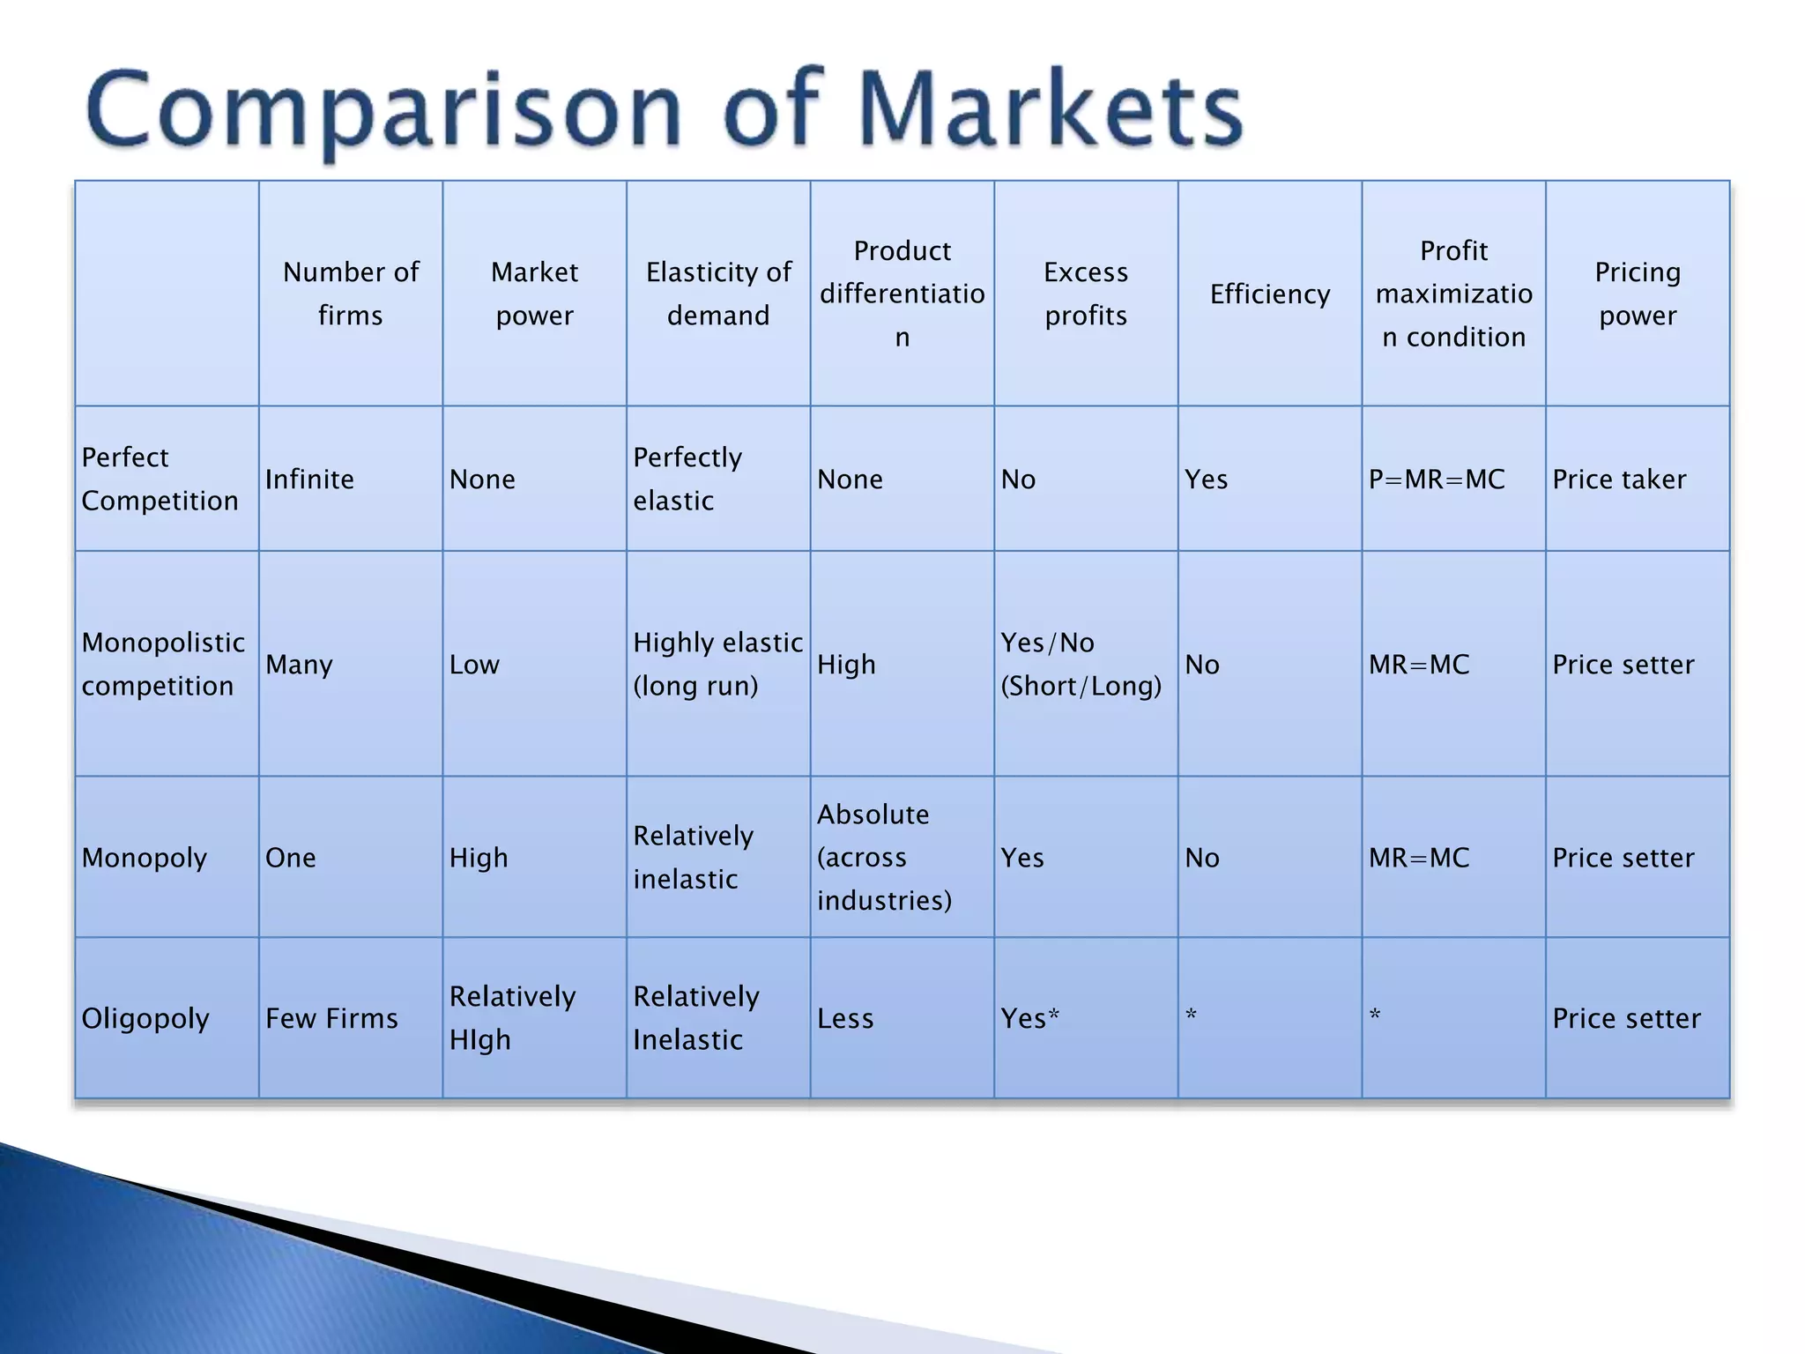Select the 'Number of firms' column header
click(x=351, y=294)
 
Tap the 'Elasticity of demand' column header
click(x=718, y=294)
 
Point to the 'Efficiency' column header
click(x=1269, y=294)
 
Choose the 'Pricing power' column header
click(x=1638, y=294)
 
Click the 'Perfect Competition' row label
click(x=160, y=479)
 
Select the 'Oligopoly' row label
click(x=145, y=1018)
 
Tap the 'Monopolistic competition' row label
click(x=163, y=664)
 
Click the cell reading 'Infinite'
click(x=309, y=480)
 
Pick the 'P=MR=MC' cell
click(x=1437, y=480)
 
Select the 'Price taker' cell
click(x=1619, y=480)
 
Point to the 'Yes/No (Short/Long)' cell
click(x=1081, y=664)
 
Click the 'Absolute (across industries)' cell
click(x=884, y=857)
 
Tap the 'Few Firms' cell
click(x=331, y=1018)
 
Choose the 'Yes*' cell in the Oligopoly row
click(x=1029, y=1018)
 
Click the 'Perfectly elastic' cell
click(x=687, y=479)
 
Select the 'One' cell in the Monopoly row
click(x=290, y=858)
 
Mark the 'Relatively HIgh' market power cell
click(x=512, y=1018)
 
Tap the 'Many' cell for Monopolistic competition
click(x=299, y=664)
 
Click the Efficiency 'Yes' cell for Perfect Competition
click(x=1206, y=480)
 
